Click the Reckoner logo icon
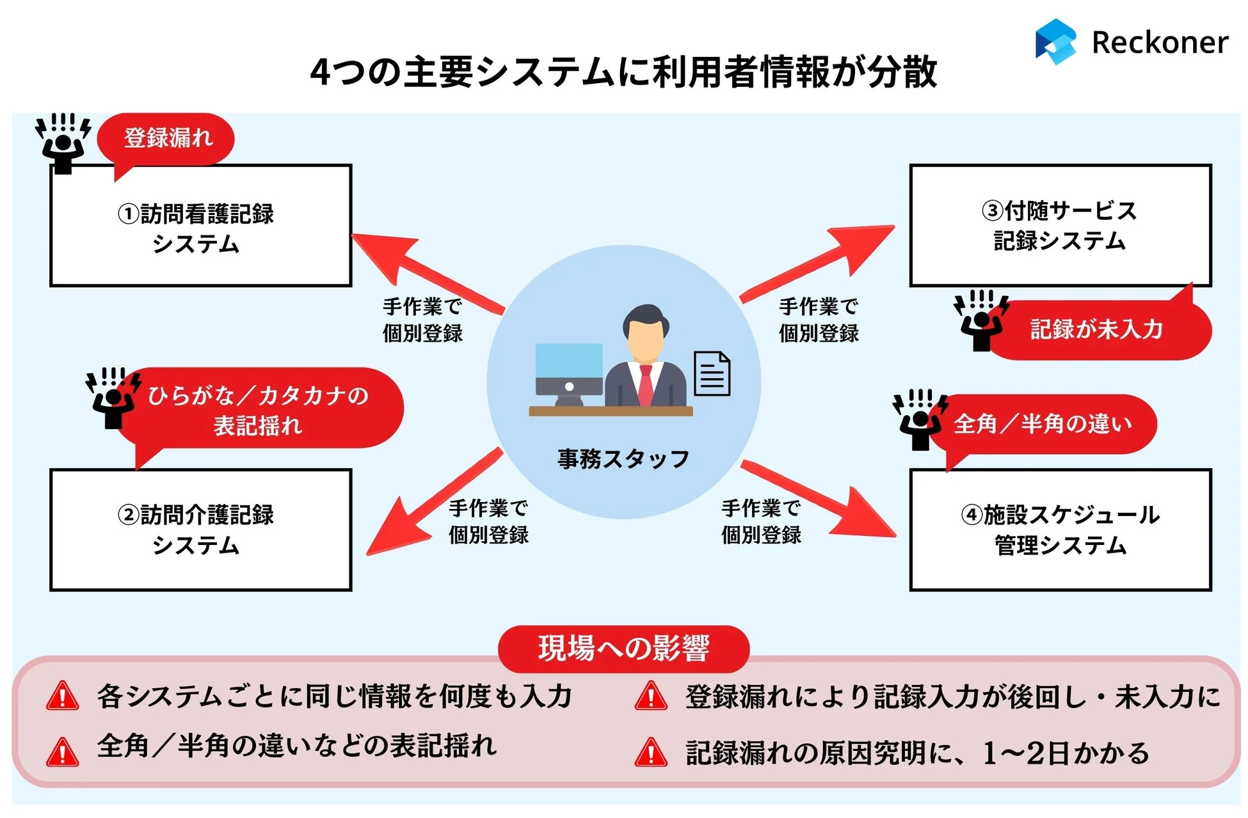click(1055, 42)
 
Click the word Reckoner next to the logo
click(1160, 43)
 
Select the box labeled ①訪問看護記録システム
click(200, 226)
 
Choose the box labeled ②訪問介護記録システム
click(200, 530)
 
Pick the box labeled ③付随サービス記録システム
click(1060, 226)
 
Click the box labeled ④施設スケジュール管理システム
click(1060, 530)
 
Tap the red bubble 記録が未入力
click(1096, 330)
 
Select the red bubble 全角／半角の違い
click(1043, 424)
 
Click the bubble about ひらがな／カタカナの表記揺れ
click(258, 409)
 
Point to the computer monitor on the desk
click(568, 369)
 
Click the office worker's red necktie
click(646, 384)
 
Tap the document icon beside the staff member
click(712, 374)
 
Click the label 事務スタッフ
click(623, 459)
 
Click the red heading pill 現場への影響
click(623, 649)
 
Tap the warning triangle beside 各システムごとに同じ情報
click(63, 697)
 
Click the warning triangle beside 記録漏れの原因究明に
click(651, 753)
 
